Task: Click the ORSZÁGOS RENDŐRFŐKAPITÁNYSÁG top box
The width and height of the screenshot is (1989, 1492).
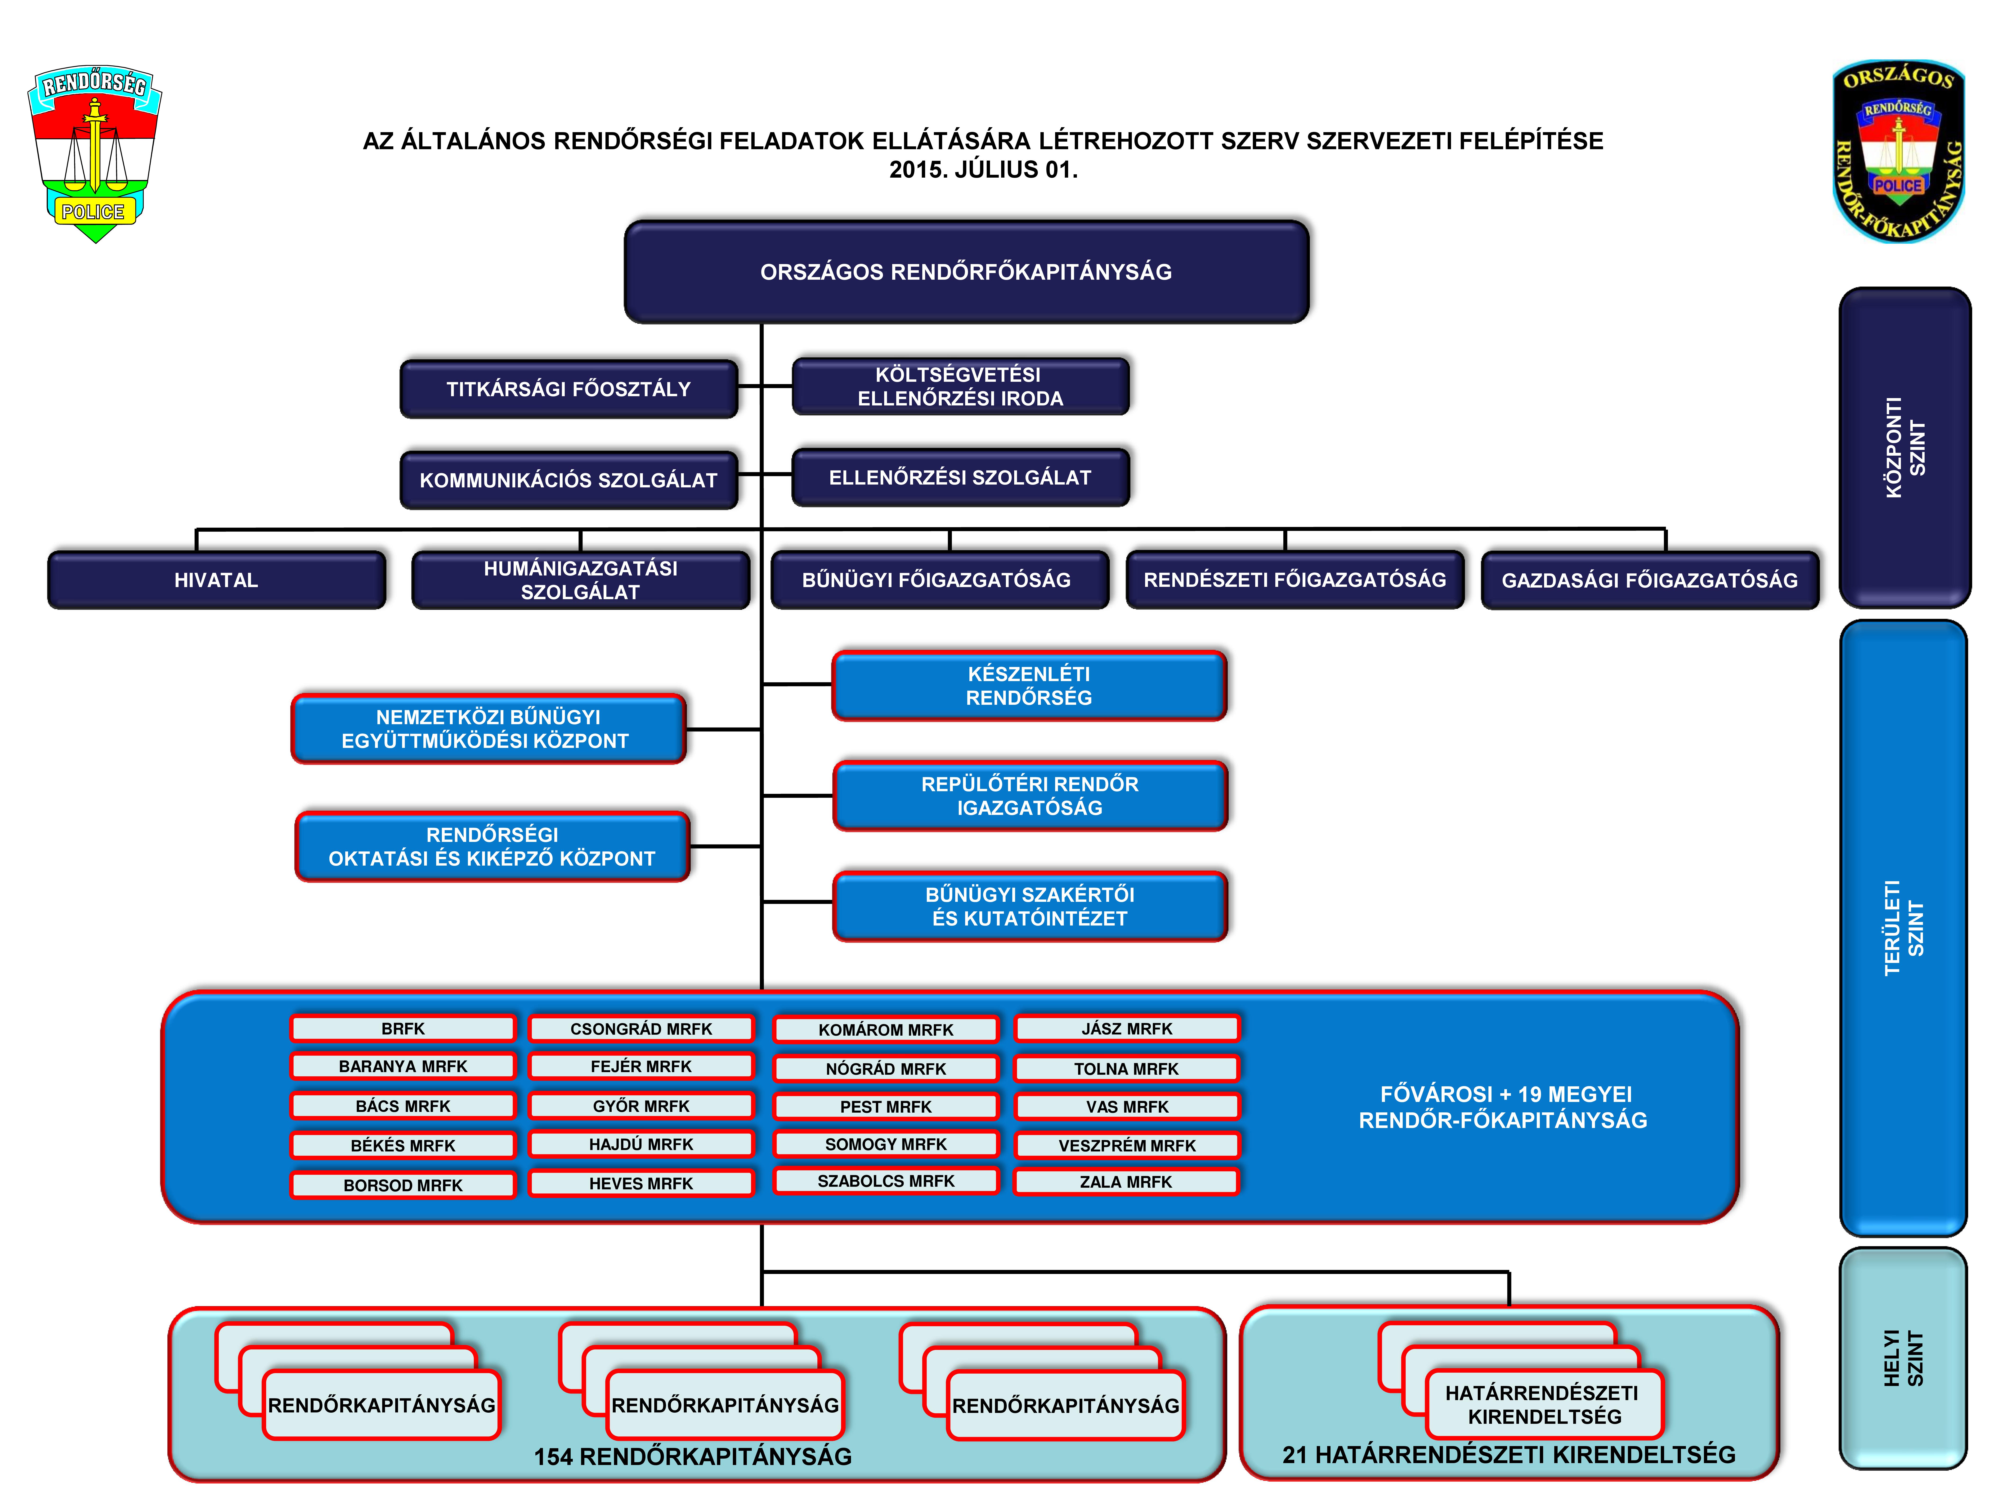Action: [967, 272]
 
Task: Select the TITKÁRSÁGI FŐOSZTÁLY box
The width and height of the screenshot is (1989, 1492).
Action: [569, 389]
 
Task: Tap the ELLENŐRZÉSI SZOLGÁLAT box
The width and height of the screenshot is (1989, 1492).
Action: [960, 477]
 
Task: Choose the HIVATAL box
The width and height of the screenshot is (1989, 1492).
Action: [217, 580]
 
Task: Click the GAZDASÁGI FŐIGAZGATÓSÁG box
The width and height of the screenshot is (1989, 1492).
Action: [1650, 580]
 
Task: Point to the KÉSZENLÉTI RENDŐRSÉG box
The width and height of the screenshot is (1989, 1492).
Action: [1030, 685]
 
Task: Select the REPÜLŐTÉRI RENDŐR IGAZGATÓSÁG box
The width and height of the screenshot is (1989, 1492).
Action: [1030, 796]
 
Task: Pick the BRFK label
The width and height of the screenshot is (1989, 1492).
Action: [403, 1028]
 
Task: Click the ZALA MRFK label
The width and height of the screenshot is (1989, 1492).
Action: [1127, 1182]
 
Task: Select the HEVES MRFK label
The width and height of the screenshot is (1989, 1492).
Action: [641, 1183]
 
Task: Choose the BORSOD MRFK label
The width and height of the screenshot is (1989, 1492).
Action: [403, 1185]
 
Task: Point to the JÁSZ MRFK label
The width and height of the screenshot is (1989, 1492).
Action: [1127, 1028]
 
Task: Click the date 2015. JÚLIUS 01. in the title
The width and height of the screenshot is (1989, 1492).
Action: [984, 169]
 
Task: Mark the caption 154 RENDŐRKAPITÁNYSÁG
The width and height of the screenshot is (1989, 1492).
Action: [692, 1456]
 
